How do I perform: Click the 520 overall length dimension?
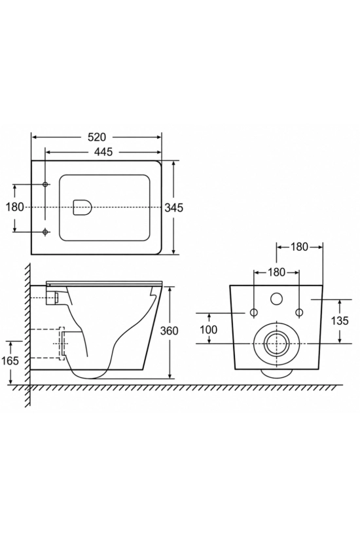[x=97, y=137]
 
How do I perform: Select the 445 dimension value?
[x=103, y=152]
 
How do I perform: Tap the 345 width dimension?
[x=174, y=208]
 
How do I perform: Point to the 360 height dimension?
[x=169, y=331]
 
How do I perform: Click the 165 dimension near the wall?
[x=10, y=361]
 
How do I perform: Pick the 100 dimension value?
[x=208, y=329]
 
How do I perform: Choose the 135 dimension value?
[x=340, y=320]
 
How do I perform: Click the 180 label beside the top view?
[x=15, y=207]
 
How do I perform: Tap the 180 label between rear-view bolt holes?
[x=276, y=272]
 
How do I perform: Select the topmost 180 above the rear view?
[x=299, y=247]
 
